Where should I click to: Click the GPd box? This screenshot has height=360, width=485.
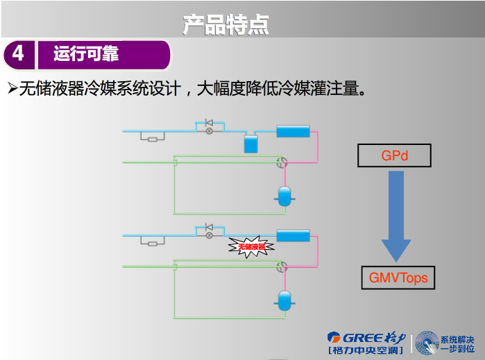click(x=394, y=155)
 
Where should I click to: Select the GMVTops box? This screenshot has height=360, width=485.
click(x=398, y=277)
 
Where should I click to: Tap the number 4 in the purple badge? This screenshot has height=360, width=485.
click(x=18, y=53)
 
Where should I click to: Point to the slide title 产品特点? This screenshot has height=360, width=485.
click(x=226, y=24)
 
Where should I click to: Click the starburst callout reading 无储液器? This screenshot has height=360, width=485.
click(x=252, y=246)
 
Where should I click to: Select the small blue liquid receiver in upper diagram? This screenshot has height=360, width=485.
click(x=250, y=144)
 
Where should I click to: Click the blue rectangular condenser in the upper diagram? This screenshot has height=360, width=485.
click(x=293, y=131)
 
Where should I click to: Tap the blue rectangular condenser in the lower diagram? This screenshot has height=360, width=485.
click(x=293, y=236)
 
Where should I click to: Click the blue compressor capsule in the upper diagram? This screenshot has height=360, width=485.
click(x=283, y=196)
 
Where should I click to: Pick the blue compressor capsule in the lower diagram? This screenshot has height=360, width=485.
click(x=283, y=301)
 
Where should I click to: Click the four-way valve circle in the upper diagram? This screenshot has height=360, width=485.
click(x=282, y=162)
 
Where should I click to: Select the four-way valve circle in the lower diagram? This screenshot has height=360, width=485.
click(x=282, y=266)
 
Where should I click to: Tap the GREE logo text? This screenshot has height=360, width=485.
click(x=355, y=337)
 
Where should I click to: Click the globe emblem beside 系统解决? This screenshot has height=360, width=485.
click(x=427, y=343)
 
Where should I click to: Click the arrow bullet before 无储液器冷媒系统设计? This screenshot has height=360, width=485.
click(x=11, y=89)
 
